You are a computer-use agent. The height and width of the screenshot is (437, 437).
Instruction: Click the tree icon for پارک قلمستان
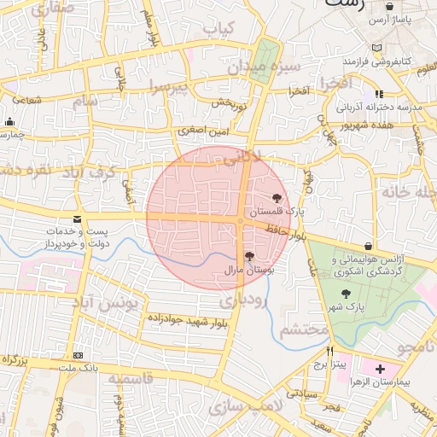click(275, 197)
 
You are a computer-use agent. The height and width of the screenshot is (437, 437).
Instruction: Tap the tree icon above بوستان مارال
click(248, 256)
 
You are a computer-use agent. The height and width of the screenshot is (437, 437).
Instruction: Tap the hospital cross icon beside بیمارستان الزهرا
click(381, 370)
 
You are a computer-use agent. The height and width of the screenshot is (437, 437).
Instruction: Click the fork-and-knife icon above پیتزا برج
click(330, 351)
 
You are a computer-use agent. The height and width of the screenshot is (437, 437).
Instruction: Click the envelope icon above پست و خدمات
click(78, 219)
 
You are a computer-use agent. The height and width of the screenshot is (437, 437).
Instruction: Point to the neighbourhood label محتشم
click(304, 329)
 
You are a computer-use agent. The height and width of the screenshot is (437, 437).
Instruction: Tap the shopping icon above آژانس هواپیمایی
click(368, 246)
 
